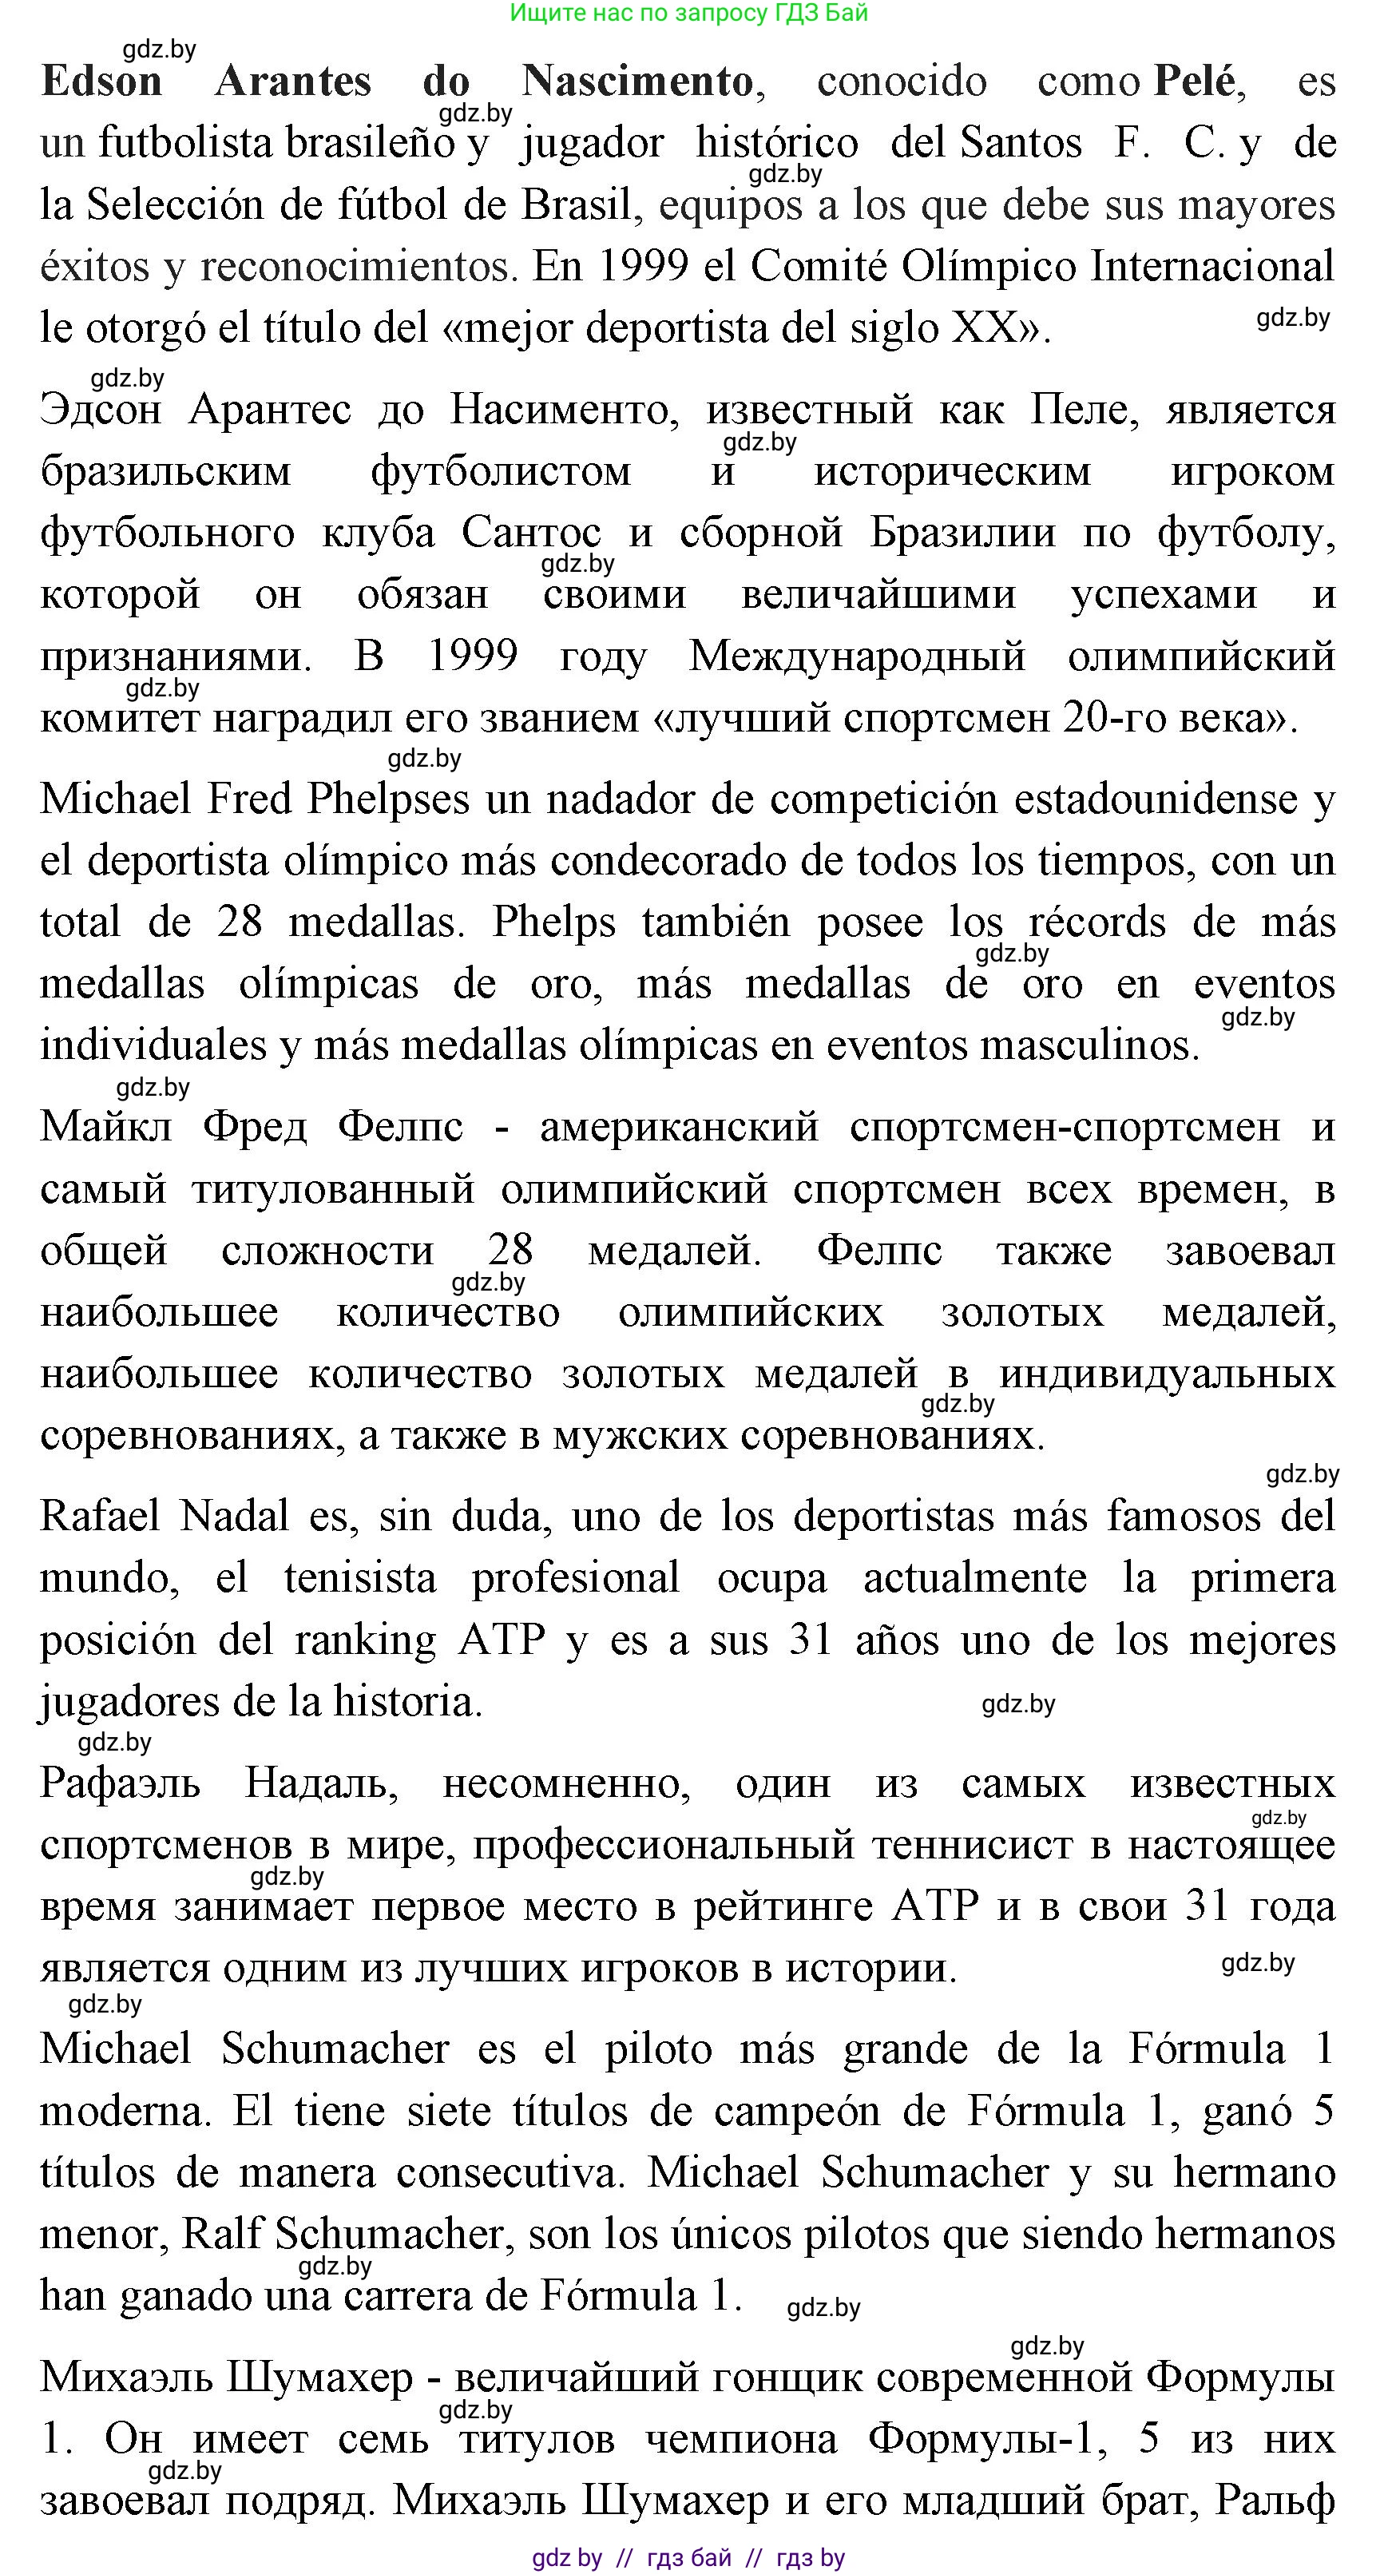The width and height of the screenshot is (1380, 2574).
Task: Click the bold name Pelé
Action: pos(1196,81)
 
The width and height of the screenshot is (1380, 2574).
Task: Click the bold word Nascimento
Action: pos(637,81)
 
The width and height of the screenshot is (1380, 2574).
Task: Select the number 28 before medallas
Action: pos(240,922)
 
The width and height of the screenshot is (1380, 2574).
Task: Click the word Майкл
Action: pos(106,1127)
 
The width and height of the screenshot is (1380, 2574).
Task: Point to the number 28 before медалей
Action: pos(510,1251)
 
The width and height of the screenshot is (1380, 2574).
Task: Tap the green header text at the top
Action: pos(688,13)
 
